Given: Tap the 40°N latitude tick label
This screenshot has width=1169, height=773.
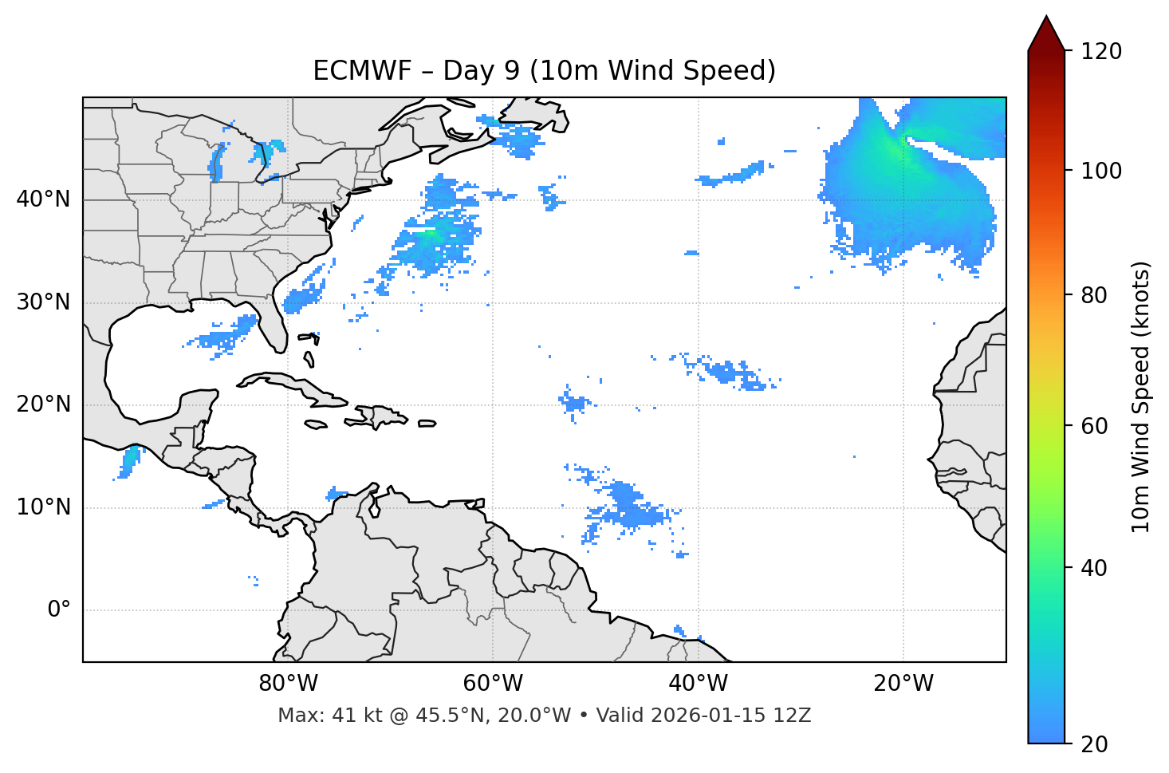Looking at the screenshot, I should pyautogui.click(x=43, y=199).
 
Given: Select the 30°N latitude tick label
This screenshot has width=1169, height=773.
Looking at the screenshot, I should pyautogui.click(x=43, y=302).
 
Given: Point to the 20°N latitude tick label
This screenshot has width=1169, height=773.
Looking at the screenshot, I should pyautogui.click(x=43, y=405).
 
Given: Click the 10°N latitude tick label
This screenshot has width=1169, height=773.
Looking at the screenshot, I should pyautogui.click(x=43, y=507).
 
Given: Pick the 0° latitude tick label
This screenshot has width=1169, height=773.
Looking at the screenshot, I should pyautogui.click(x=59, y=610).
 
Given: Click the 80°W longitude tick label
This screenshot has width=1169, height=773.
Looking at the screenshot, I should pyautogui.click(x=288, y=684).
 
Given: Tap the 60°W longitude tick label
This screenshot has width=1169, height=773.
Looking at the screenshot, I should pyautogui.click(x=493, y=684).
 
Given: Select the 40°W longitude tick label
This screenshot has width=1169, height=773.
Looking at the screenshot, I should pyautogui.click(x=698, y=684).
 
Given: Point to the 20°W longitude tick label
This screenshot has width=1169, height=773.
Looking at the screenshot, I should pyautogui.click(x=903, y=684).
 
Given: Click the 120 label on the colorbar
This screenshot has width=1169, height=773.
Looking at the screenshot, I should pyautogui.click(x=1101, y=51).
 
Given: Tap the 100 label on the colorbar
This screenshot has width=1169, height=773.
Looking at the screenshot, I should pyautogui.click(x=1101, y=171).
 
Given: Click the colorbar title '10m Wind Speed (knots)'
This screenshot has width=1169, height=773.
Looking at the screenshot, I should pyautogui.click(x=1141, y=396).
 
